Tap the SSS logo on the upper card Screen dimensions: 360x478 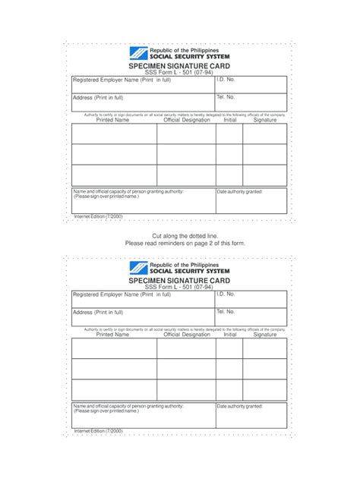[x=141, y=53]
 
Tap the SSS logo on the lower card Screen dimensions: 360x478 [x=141, y=267]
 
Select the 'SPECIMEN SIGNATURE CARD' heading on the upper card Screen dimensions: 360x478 [x=180, y=65]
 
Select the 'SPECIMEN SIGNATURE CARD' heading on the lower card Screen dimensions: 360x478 [x=180, y=280]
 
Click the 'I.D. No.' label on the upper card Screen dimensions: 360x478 [x=226, y=79]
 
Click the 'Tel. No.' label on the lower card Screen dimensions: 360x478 [x=226, y=311]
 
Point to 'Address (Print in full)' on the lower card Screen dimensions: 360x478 [x=98, y=312]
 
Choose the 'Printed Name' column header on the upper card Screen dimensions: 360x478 [x=112, y=120]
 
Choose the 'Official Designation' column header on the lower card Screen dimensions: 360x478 [x=187, y=335]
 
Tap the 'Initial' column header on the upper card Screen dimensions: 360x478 [x=230, y=120]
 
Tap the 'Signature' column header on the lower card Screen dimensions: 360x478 [x=265, y=335]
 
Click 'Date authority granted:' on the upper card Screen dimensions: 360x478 [x=240, y=192]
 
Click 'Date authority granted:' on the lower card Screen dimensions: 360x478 [x=240, y=407]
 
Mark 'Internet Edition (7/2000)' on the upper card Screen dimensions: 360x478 [x=98, y=216]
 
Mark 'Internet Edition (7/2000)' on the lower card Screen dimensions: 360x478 [x=98, y=431]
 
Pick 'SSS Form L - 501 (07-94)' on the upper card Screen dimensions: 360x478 [x=180, y=72]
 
